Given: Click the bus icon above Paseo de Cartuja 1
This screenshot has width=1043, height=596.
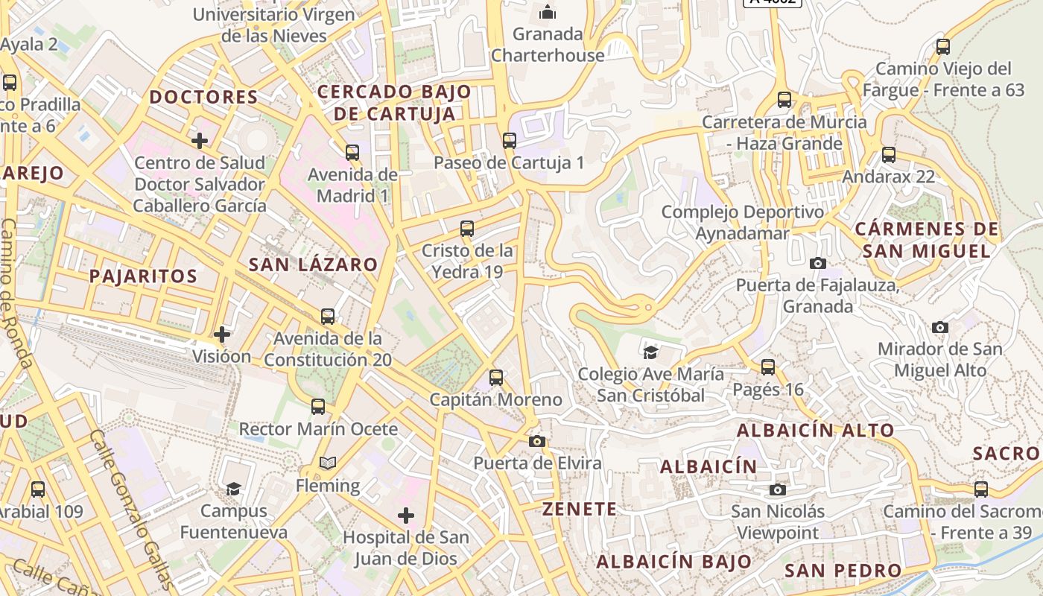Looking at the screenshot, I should (x=510, y=140).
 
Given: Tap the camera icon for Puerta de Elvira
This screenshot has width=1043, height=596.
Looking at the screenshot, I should (x=536, y=441).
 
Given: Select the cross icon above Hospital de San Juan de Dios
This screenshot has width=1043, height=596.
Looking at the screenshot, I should (x=406, y=515).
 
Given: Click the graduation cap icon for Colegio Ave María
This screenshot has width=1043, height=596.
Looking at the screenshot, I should (x=650, y=352).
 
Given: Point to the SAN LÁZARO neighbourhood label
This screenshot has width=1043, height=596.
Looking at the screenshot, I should (x=313, y=264).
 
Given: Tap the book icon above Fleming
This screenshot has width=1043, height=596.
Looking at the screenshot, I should (x=328, y=463).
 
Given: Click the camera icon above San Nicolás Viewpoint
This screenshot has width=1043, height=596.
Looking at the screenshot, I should (x=778, y=489).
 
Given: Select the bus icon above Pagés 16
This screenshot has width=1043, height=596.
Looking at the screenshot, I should (x=768, y=367).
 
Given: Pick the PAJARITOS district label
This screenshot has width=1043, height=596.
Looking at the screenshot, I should (x=143, y=276).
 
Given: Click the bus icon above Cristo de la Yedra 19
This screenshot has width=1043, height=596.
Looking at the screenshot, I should (x=467, y=229).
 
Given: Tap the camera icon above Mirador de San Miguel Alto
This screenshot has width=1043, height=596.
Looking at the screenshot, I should (x=940, y=327).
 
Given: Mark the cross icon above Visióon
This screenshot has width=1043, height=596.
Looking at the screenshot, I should (x=221, y=334).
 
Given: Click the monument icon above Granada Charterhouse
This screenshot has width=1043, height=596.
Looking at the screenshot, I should (x=548, y=12).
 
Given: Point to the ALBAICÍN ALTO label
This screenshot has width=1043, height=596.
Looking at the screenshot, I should (x=815, y=431).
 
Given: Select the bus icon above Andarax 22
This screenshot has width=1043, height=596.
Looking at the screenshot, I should (x=889, y=155).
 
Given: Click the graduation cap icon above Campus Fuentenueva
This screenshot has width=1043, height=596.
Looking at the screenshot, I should (x=234, y=489).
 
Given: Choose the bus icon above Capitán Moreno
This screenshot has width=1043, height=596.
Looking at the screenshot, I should (x=496, y=378).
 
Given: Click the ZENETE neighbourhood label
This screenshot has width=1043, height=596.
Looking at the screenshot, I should (x=580, y=510).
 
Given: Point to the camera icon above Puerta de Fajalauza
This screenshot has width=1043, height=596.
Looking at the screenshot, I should (x=818, y=263).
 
